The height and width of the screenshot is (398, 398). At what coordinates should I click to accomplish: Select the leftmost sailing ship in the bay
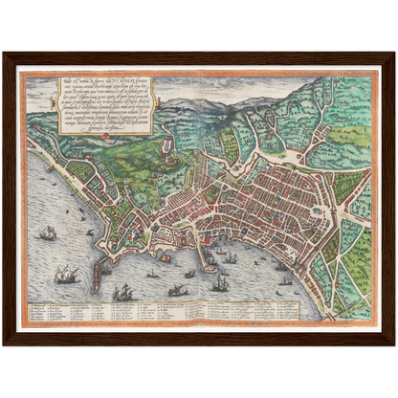click(x=46, y=232)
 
